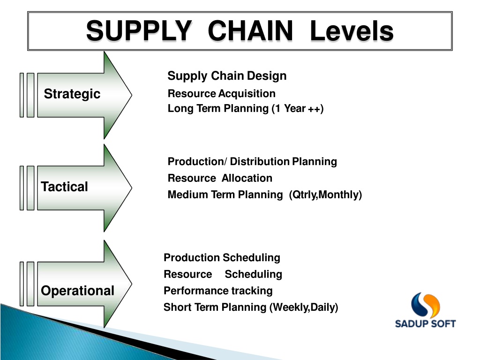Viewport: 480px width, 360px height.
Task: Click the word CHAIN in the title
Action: point(250,30)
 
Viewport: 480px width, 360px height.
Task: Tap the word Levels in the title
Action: point(352,30)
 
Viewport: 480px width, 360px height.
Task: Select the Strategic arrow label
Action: point(72,94)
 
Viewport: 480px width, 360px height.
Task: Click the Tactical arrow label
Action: point(64,187)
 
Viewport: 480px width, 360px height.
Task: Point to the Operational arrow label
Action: point(77,291)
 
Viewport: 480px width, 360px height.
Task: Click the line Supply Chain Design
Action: point(227,76)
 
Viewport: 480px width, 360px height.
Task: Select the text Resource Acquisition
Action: point(221,93)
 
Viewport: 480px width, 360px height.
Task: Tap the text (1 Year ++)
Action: point(298,108)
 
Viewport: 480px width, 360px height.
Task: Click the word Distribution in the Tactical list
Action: point(260,161)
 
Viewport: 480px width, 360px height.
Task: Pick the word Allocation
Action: point(247,178)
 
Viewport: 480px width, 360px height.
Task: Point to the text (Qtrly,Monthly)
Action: point(325,195)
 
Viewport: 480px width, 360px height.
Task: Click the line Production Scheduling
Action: point(222,258)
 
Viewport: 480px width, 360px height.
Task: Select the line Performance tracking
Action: point(218,291)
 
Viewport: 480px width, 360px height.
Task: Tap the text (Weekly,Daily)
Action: point(304,307)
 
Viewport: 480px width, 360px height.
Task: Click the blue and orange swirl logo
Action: point(425,305)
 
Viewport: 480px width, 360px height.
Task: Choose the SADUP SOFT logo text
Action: point(425,323)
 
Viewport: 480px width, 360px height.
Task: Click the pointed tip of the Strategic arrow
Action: point(132,95)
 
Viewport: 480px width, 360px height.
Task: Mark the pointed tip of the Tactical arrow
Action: point(132,187)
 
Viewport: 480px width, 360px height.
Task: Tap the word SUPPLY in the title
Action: point(139,30)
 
